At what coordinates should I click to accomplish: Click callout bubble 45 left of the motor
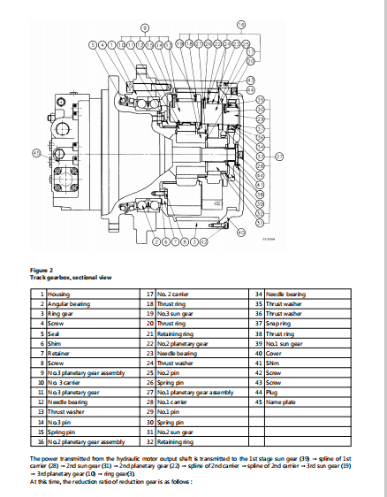tap(36, 153)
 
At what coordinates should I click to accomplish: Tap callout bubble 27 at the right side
tap(279, 157)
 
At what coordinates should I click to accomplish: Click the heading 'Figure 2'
tap(42, 269)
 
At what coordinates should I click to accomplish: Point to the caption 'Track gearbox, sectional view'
tap(71, 277)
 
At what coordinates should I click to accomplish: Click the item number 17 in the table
tap(146, 293)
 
